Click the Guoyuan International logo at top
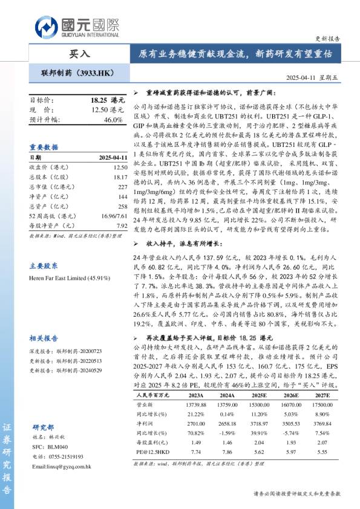click(77, 27)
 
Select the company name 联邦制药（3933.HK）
click(77, 73)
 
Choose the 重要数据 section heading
click(44, 147)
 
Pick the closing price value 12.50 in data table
click(120, 166)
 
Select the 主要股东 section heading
click(44, 248)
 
